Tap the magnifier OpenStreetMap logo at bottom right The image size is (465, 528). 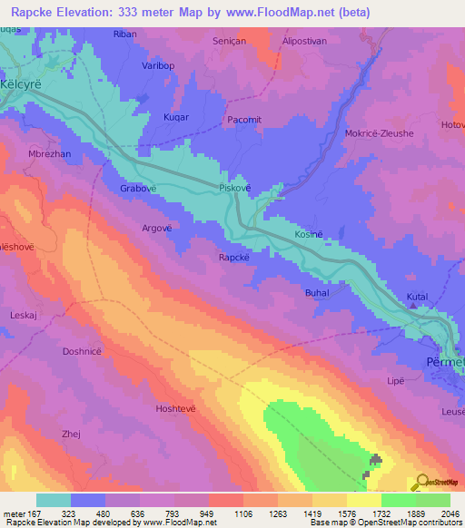[421, 482]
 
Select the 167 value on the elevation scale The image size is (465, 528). [35, 513]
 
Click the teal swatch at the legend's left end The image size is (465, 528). [54, 500]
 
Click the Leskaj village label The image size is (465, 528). [23, 315]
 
